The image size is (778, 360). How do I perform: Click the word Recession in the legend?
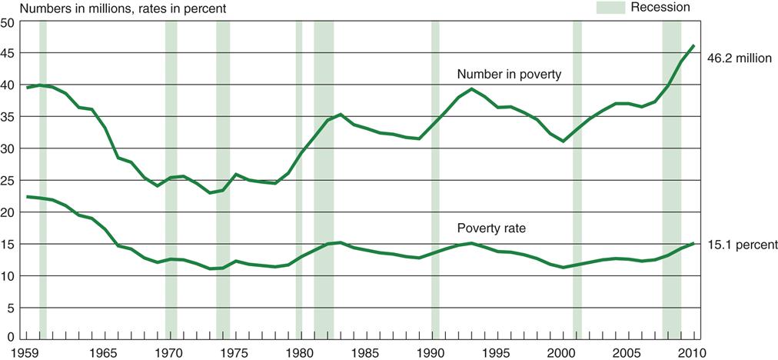pos(660,8)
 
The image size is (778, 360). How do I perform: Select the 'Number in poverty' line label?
pos(509,75)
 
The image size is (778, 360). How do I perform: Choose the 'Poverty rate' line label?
pos(492,228)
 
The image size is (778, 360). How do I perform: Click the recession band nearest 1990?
pos(435,177)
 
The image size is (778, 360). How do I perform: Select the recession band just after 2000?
pos(577,177)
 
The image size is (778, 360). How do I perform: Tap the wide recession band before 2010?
pos(672,177)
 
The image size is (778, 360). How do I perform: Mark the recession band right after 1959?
pos(43,177)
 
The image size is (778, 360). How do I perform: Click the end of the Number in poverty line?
pos(694,46)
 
